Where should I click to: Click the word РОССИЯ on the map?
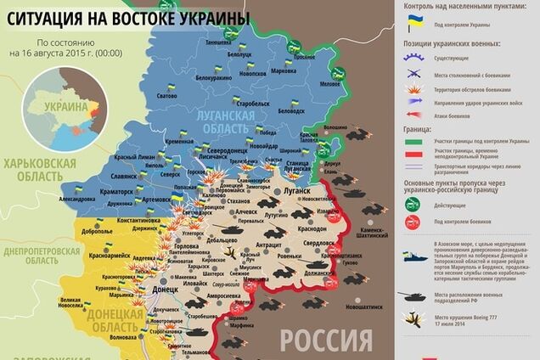coord(325,340)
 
